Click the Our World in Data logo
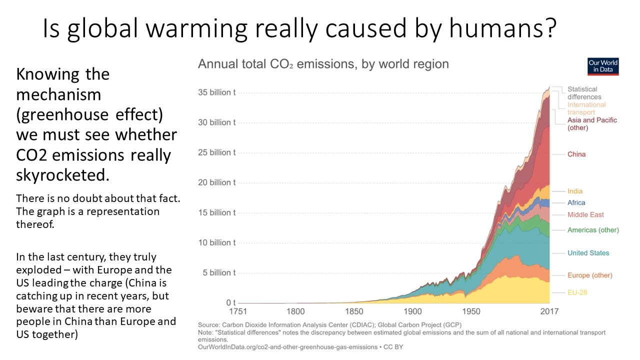point(603,66)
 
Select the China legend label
point(576,154)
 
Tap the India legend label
point(575,191)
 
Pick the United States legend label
point(588,253)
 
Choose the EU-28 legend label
point(577,292)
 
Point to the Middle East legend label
point(585,215)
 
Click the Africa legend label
point(576,203)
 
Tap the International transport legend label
point(586,108)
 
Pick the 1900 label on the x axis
point(413,311)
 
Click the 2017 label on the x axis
point(549,311)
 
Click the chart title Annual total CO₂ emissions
point(323,64)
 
